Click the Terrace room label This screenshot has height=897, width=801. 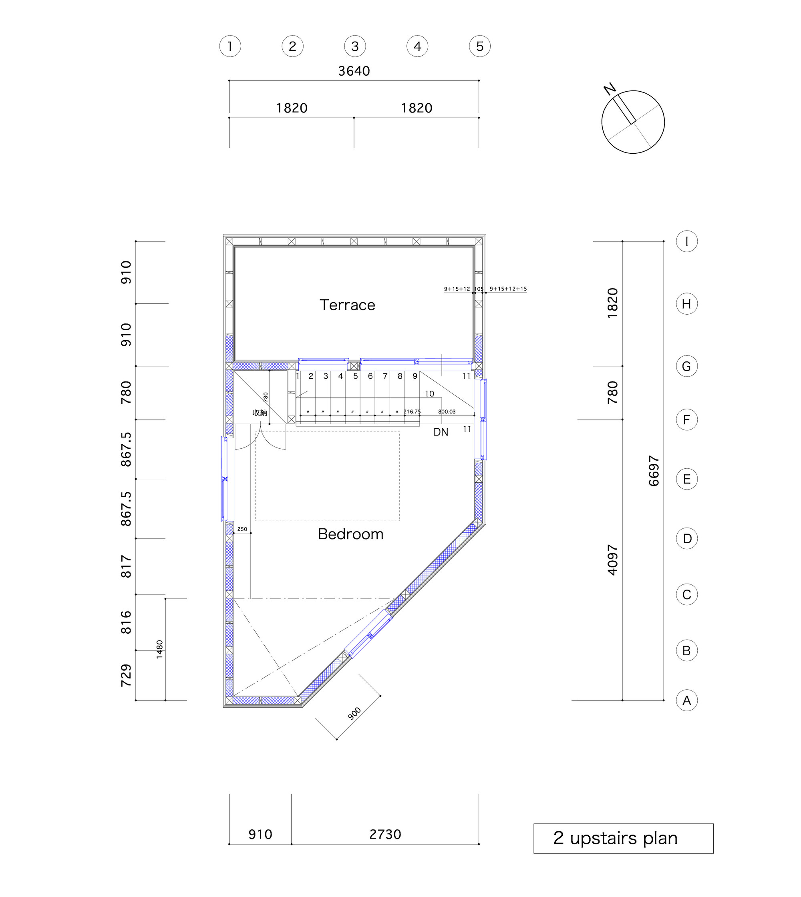347,305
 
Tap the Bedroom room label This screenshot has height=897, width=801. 350,534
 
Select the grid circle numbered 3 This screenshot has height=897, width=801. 355,46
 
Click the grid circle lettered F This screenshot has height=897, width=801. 686,420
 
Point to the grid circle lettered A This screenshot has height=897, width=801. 686,700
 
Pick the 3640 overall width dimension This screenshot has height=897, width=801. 354,71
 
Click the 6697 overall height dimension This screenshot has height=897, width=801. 654,471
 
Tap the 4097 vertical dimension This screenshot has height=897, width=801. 613,560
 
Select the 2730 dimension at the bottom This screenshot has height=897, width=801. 385,835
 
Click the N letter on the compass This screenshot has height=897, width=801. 610,89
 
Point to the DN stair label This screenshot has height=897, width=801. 441,432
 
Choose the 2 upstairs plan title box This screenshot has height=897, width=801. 623,839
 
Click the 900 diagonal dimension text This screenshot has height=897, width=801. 354,714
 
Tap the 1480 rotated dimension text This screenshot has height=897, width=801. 159,649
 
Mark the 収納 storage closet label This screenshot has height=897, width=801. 260,413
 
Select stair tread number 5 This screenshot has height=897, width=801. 355,376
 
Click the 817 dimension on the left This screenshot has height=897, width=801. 126,566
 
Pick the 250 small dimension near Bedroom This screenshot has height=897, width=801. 242,529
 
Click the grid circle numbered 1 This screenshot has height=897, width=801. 230,46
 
